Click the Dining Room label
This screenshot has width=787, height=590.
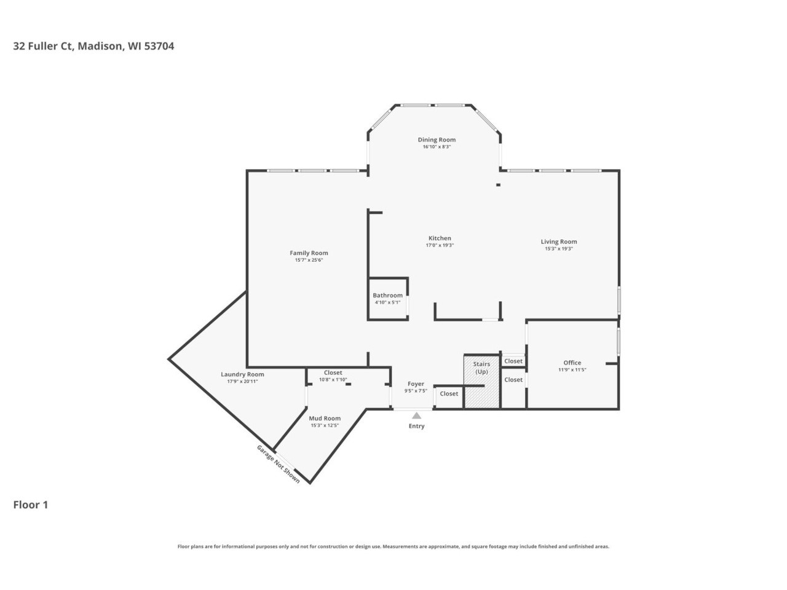(437, 140)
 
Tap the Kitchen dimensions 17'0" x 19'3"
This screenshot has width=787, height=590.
(440, 245)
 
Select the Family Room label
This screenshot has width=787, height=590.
(309, 253)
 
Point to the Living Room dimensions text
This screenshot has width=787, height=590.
(559, 249)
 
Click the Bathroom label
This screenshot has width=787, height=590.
(387, 295)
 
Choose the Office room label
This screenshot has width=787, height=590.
(572, 363)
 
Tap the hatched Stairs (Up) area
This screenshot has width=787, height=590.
(481, 381)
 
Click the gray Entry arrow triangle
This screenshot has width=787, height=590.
(416, 415)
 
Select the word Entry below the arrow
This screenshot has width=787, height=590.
(416, 426)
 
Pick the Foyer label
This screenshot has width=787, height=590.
(416, 384)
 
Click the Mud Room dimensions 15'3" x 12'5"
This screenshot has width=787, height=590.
(325, 425)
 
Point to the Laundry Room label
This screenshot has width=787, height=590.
(242, 374)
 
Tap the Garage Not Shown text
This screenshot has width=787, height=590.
(279, 464)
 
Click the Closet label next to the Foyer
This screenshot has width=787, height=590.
(449, 394)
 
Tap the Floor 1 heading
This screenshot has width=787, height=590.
(31, 505)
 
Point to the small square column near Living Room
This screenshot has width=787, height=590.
(498, 185)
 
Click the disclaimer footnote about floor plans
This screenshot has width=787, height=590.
(393, 546)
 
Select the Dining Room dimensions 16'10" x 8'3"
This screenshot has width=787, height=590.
(437, 147)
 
